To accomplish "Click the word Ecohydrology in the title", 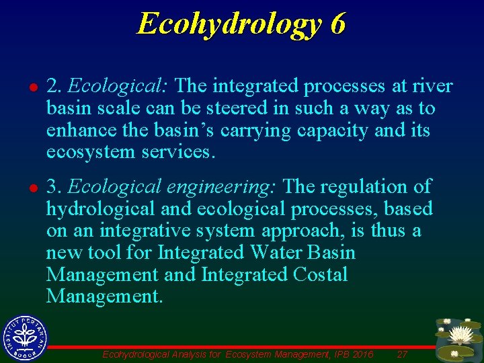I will pos(228,24).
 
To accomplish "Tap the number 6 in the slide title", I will pos(337,24).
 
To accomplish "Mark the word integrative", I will pos(143,231).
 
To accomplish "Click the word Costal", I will pos(321,274).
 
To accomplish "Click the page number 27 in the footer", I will pos(402,354).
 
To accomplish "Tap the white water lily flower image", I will pos(461,334).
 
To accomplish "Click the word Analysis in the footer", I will pos(195,354).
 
